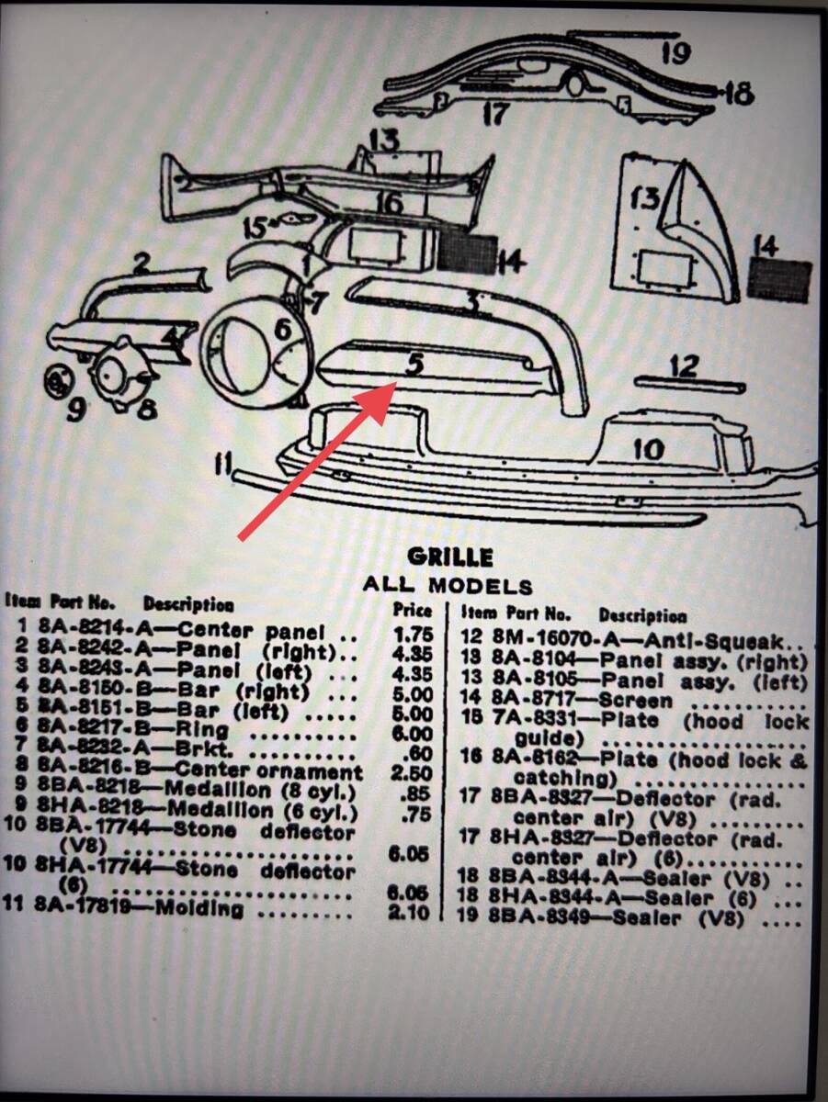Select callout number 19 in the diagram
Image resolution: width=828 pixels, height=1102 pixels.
point(675,53)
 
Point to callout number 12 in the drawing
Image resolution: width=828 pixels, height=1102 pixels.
point(684,366)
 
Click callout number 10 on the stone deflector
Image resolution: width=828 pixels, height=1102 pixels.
point(648,450)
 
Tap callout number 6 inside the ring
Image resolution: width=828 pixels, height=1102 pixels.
point(283,328)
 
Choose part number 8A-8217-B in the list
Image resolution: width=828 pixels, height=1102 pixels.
point(90,733)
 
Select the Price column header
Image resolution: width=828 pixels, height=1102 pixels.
point(412,608)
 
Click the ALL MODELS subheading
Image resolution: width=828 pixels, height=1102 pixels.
point(447,586)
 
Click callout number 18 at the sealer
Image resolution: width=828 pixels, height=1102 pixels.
point(738,94)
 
